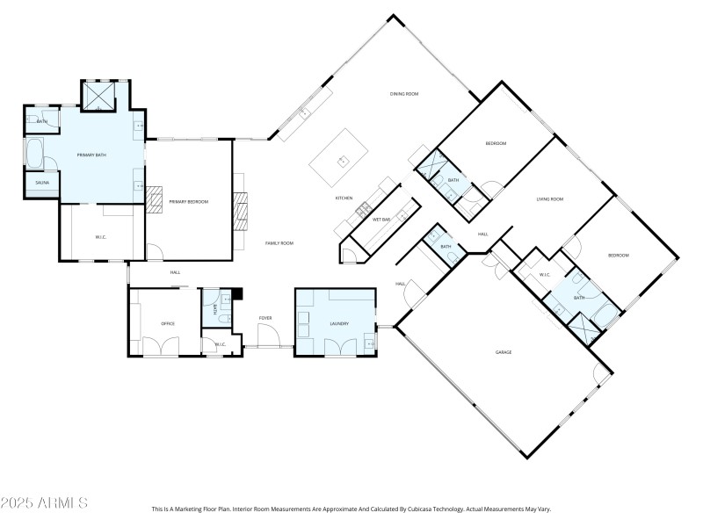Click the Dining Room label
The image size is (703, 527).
[x=403, y=94]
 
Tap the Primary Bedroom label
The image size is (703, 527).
[x=188, y=202]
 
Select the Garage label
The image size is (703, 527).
[x=503, y=352]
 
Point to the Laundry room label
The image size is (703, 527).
[x=339, y=323]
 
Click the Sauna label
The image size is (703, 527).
[x=41, y=183]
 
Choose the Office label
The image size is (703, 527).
[x=167, y=323]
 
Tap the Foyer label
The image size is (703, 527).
[x=265, y=317]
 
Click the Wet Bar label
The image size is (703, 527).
[x=381, y=219]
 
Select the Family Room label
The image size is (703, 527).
[x=279, y=242]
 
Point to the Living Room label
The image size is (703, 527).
[x=549, y=199]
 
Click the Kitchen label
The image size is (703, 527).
[x=344, y=199]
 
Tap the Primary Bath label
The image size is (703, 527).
[x=91, y=155]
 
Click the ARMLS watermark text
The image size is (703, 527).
[x=44, y=503]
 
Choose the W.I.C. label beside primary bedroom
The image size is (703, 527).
[x=100, y=237]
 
